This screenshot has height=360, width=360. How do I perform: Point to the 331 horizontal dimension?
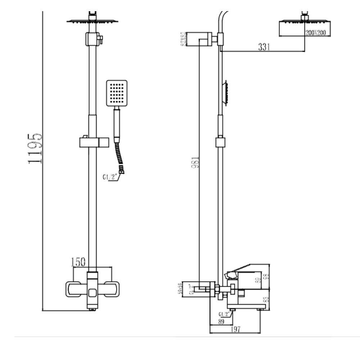tap(264, 47)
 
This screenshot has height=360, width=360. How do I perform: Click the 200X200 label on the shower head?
tap(315, 33)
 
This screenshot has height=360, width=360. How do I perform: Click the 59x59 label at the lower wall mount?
tap(184, 289)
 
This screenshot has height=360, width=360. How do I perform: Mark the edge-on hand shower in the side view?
tap(225, 93)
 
